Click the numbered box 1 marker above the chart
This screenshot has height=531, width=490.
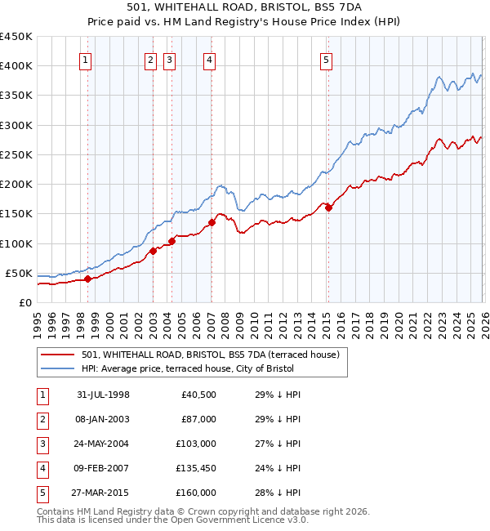(87, 59)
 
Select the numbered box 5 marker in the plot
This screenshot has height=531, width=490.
(326, 59)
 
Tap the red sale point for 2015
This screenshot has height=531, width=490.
(328, 207)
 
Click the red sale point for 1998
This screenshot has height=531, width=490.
(87, 279)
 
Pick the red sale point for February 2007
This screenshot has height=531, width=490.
(212, 222)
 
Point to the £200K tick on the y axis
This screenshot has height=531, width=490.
(16, 184)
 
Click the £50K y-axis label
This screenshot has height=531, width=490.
(19, 273)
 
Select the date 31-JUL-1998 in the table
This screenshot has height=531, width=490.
(103, 395)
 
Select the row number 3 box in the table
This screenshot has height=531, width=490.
(42, 444)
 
